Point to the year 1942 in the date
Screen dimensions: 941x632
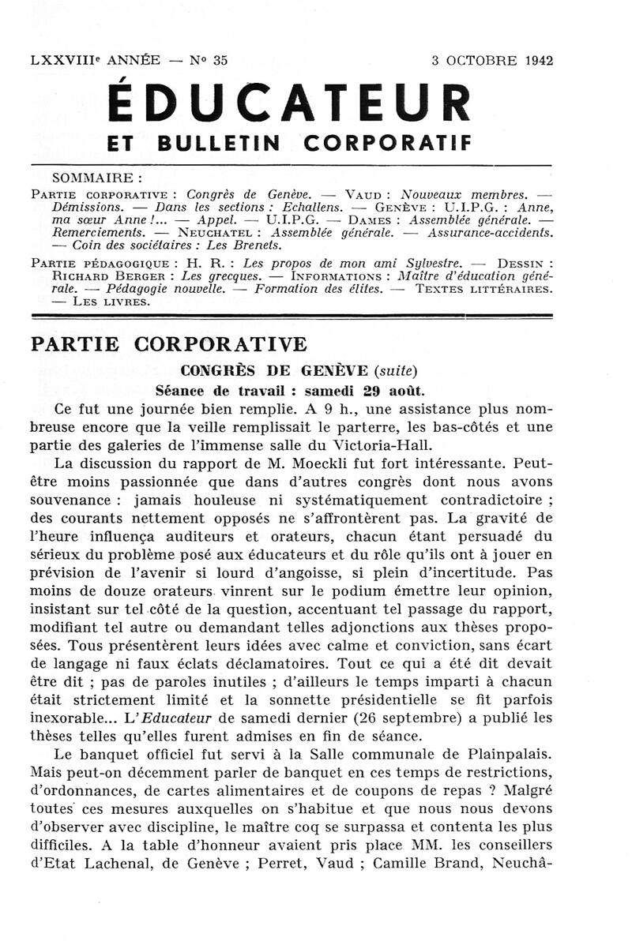point(537,60)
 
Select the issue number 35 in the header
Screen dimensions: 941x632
point(220,60)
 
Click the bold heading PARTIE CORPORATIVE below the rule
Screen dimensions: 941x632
point(167,344)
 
